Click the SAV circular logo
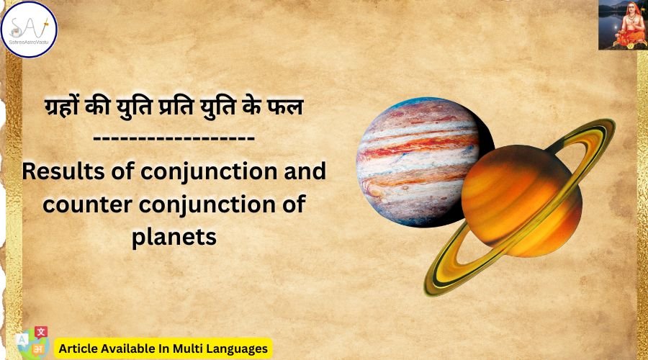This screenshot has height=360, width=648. [29, 30]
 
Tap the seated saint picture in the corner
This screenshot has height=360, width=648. [623, 24]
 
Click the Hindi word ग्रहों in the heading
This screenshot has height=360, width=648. [63, 107]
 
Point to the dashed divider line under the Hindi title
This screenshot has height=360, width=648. [174, 138]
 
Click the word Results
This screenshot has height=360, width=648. [63, 171]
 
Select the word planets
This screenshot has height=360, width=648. [174, 238]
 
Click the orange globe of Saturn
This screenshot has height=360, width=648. [521, 201]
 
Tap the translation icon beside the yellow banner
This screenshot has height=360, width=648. [33, 342]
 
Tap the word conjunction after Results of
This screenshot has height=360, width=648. [209, 172]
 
